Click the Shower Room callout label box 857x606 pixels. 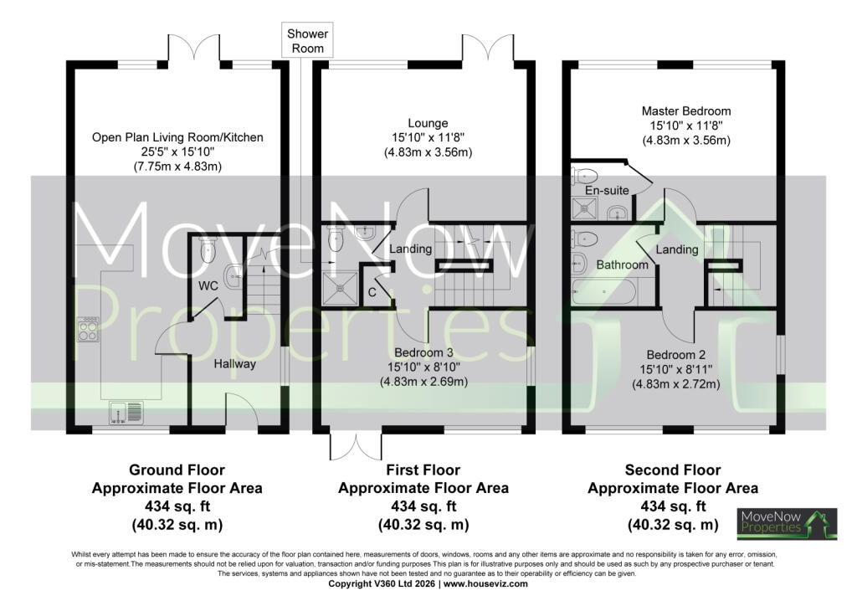(307, 40)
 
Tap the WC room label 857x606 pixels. (208, 285)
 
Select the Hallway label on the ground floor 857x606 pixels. (234, 364)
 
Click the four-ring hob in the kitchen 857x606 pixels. (88, 330)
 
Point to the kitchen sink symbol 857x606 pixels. (126, 413)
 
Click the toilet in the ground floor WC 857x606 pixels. (208, 249)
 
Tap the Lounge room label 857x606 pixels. (428, 124)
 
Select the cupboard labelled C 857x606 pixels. (372, 286)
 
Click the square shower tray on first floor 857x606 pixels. (340, 289)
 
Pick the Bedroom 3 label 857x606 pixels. (424, 353)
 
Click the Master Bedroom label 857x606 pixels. (686, 111)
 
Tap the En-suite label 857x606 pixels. (607, 190)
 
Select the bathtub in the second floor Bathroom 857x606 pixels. (603, 291)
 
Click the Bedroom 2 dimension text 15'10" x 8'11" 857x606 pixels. (676, 369)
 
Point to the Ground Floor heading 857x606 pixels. (177, 470)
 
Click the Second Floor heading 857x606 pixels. (673, 470)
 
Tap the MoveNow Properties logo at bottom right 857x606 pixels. (787, 523)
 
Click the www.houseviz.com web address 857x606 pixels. (485, 584)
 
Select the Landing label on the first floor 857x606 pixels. (410, 249)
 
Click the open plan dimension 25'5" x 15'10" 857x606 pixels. (177, 151)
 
